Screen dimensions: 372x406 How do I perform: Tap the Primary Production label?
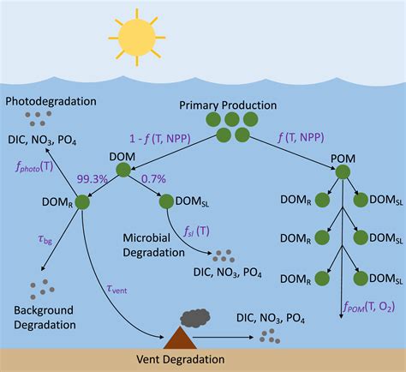(x=228, y=105)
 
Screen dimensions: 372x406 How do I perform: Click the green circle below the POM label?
(x=342, y=172)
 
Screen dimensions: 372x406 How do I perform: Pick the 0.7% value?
(x=154, y=179)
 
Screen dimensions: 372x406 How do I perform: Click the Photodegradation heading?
(x=51, y=101)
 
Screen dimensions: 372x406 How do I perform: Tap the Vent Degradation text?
(x=181, y=360)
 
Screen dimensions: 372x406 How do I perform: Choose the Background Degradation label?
(x=45, y=316)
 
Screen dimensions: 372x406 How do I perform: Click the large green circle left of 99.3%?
(x=83, y=202)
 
